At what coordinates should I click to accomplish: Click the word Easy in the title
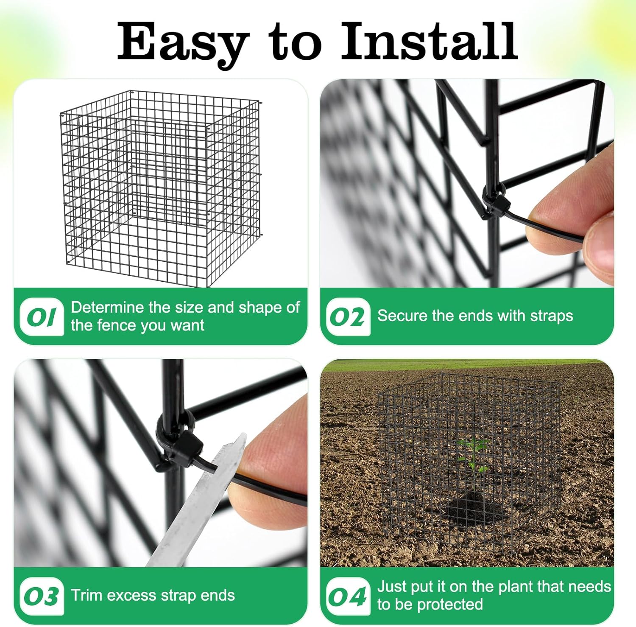pyautogui.click(x=182, y=42)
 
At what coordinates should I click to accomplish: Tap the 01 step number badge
pyautogui.click(x=42, y=317)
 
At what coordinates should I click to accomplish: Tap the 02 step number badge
pyautogui.click(x=348, y=317)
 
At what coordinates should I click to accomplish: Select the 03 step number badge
pyautogui.click(x=42, y=596)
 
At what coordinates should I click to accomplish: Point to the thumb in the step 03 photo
pyautogui.click(x=271, y=458)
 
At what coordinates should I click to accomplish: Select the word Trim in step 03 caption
pyautogui.click(x=84, y=595)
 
